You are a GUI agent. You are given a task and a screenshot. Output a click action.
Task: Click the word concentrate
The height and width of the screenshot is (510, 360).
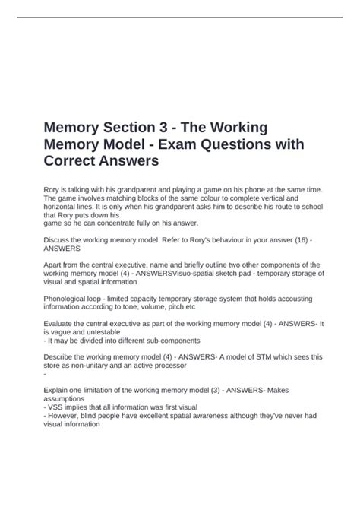(x=123, y=223)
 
